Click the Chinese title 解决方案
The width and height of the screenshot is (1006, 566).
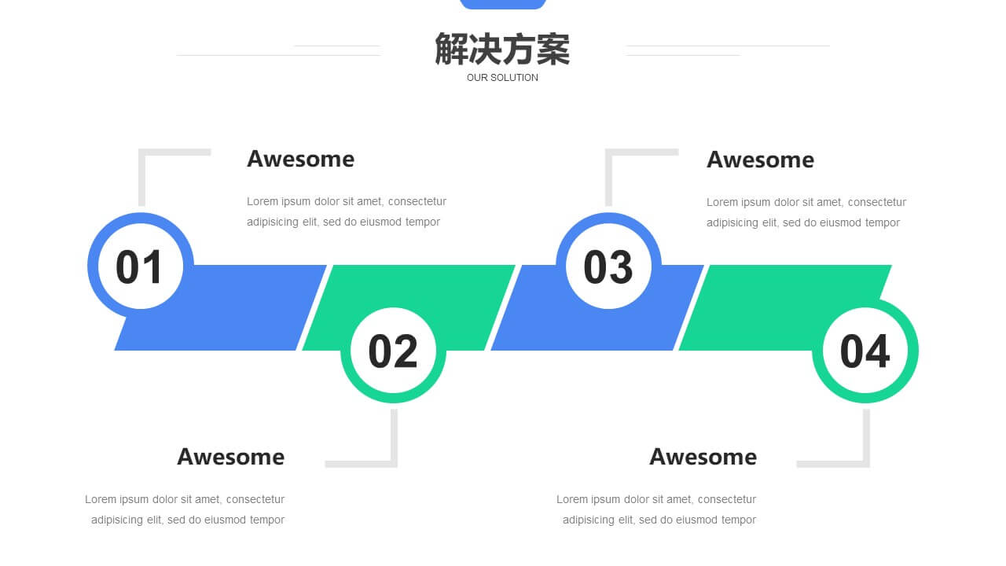pyautogui.click(x=502, y=49)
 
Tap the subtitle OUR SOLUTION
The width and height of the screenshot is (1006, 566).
pyautogui.click(x=502, y=78)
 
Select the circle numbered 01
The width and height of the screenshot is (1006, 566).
pyautogui.click(x=141, y=266)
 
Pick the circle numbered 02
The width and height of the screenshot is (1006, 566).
pyautogui.click(x=393, y=351)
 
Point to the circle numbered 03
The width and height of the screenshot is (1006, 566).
pyautogui.click(x=608, y=266)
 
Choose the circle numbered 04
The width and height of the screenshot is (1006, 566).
pyautogui.click(x=865, y=351)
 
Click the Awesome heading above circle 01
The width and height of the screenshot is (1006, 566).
pyautogui.click(x=300, y=159)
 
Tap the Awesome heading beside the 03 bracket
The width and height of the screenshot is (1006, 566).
pyautogui.click(x=760, y=160)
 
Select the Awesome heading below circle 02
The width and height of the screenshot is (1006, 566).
pyautogui.click(x=231, y=457)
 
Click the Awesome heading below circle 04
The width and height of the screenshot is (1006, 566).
pyautogui.click(x=703, y=457)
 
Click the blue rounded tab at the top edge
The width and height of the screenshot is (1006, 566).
pyautogui.click(x=503, y=4)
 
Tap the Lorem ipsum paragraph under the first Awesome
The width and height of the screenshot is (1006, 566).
pyautogui.click(x=347, y=211)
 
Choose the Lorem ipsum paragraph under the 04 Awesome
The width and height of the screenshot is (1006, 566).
pyautogui.click(x=656, y=509)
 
